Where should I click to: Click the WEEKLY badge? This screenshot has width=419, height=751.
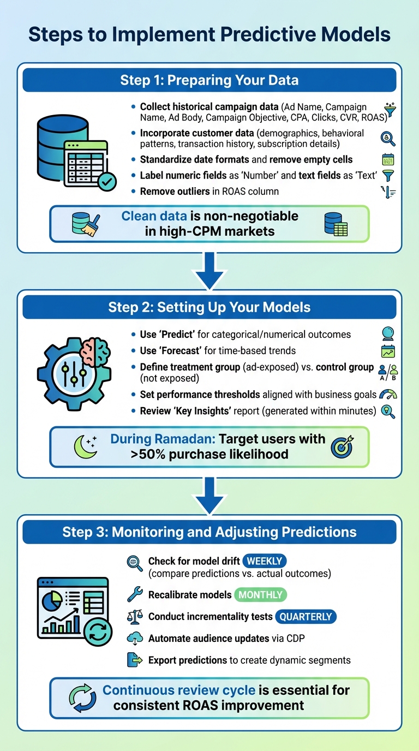265,561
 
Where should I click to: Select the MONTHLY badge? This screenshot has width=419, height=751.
260,594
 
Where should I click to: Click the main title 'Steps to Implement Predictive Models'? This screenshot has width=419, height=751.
209,34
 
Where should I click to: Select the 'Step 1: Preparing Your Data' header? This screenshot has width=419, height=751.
209,81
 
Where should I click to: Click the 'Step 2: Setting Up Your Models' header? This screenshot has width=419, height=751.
209,307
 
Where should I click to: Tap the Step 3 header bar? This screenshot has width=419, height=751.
209,532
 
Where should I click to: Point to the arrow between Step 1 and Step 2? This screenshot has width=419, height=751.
209,270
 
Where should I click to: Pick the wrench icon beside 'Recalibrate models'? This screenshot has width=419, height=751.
134,594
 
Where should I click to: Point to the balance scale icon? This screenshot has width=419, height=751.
134,617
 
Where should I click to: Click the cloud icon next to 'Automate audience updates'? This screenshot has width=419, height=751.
134,639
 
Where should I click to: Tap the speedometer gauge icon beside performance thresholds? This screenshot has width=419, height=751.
388,395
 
